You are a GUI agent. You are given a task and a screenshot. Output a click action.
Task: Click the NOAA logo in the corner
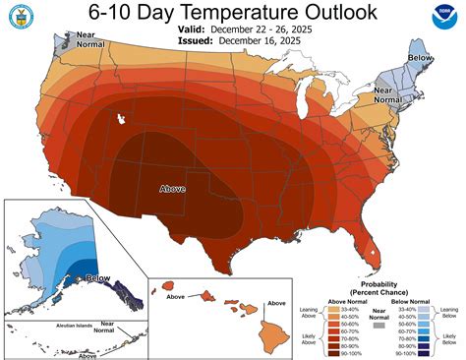pyautogui.click(x=444, y=18)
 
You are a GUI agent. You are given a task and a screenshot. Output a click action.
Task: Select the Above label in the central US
pyautogui.click(x=173, y=186)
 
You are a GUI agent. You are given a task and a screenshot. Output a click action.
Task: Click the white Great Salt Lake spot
pyautogui.click(x=121, y=119)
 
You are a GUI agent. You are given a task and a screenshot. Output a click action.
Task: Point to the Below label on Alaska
pyautogui.click(x=96, y=279)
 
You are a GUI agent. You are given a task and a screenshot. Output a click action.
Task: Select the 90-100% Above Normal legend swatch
pyautogui.click(x=336, y=352)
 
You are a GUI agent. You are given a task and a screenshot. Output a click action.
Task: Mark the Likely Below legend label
pyautogui.click(x=449, y=339)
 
